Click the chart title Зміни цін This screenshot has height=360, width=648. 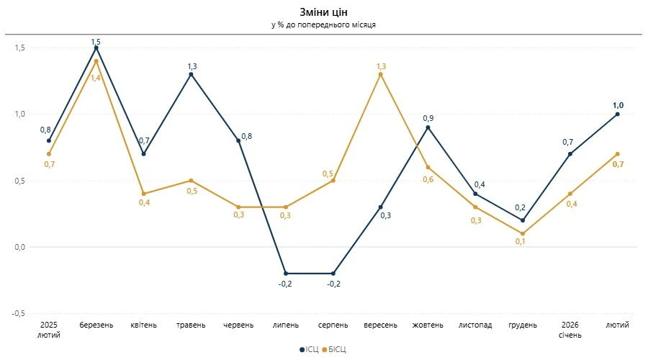coord(323,12)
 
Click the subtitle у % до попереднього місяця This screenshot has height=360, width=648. coord(323,24)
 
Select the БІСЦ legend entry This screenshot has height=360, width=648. coord(336,349)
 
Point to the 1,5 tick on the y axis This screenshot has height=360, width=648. coord(19,48)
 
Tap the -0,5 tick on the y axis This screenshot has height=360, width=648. coord(18,314)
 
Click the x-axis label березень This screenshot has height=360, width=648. coord(96,325)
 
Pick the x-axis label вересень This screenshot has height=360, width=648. coord(380,325)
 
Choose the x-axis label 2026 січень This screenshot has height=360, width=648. coord(570,330)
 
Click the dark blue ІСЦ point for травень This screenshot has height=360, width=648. coord(191,74)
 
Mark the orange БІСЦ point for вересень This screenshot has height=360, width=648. coord(380,74)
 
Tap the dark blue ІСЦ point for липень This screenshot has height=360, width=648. coord(286,274)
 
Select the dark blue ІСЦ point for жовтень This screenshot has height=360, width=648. coord(428,127)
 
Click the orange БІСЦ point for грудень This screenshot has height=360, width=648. coord(523,233)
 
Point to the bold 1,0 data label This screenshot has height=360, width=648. coord(618,105)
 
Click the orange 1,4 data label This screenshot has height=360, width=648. coord(96,77)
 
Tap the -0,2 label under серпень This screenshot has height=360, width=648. coord(333,284)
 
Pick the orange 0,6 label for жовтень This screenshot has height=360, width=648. coord(428,179)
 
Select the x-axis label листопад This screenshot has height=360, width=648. coord(475,325)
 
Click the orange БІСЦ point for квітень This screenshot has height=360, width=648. coord(144,194)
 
